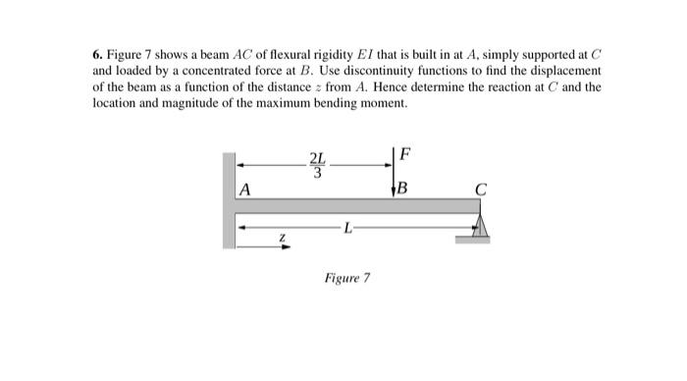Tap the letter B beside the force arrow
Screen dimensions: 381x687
403,188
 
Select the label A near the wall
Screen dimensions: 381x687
244,189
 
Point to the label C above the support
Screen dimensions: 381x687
480,189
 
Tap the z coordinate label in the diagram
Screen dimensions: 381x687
281,236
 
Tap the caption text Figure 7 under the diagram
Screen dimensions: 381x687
346,278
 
